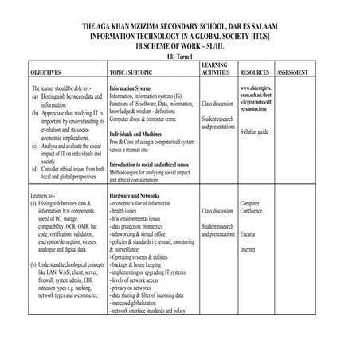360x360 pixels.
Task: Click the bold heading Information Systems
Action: [x=131, y=88]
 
